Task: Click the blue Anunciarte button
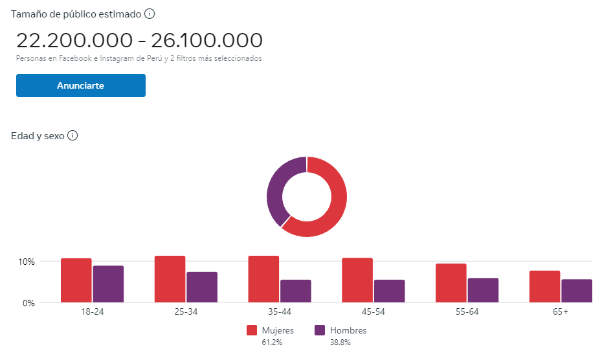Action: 80,85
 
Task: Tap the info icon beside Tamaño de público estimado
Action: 150,14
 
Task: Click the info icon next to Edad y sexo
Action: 72,136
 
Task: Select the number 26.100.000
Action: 206,40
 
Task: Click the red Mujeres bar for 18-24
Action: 76,280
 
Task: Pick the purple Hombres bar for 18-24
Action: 108,284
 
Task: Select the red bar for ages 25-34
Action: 170,279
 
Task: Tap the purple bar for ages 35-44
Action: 295,291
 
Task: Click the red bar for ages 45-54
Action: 357,280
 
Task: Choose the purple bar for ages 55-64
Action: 483,290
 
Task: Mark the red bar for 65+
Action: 544,286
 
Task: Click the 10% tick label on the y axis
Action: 26,262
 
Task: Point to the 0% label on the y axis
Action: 28,302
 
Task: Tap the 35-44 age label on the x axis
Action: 279,312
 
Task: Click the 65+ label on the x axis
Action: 560,312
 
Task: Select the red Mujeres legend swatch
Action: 252,331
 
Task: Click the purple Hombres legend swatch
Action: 319,331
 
